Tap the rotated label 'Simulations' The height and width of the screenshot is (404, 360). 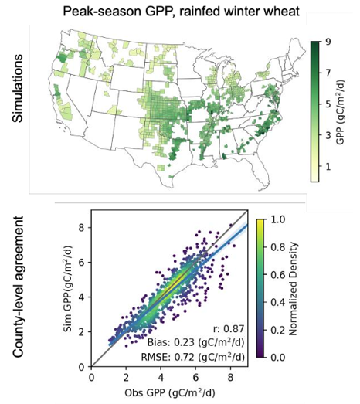tap(18, 88)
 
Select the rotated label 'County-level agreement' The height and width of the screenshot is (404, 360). tap(18, 287)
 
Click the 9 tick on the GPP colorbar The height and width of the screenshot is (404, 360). tap(328, 42)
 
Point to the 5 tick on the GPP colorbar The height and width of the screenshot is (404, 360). tap(328, 104)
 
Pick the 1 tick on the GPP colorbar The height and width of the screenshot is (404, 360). tap(328, 167)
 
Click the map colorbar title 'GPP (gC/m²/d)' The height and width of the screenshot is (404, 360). tap(341, 112)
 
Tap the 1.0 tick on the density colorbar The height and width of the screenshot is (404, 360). tap(277, 219)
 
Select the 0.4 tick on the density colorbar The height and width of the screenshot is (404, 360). tap(277, 302)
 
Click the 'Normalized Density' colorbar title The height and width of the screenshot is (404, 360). tap(294, 288)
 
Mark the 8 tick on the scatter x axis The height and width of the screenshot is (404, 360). tap(230, 378)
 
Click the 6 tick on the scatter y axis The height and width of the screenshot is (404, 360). tap(82, 263)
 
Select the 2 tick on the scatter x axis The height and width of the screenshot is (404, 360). tap(126, 378)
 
